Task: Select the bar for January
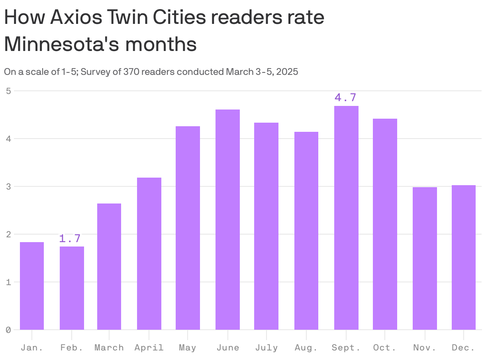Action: (32, 286)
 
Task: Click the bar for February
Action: (72, 288)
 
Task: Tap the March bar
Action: (109, 266)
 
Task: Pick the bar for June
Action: (227, 219)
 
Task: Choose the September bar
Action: (346, 218)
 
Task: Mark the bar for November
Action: (425, 258)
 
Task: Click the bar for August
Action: (306, 231)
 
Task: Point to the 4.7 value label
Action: (345, 98)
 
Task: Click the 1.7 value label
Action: (70, 239)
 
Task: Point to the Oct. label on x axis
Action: (385, 348)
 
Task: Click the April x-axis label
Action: (149, 348)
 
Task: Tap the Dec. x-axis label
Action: (464, 348)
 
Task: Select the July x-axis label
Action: (267, 348)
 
